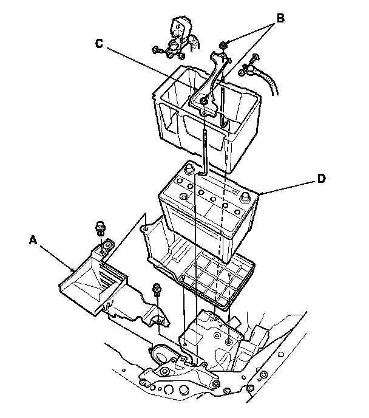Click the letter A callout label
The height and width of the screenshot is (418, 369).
click(x=33, y=240)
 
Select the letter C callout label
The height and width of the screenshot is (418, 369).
click(x=99, y=43)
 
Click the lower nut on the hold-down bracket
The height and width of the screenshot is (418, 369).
click(x=208, y=101)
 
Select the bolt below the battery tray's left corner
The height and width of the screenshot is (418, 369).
click(x=158, y=290)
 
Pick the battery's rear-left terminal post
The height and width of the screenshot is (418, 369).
click(x=189, y=168)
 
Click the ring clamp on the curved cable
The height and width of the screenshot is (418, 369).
click(x=245, y=70)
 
